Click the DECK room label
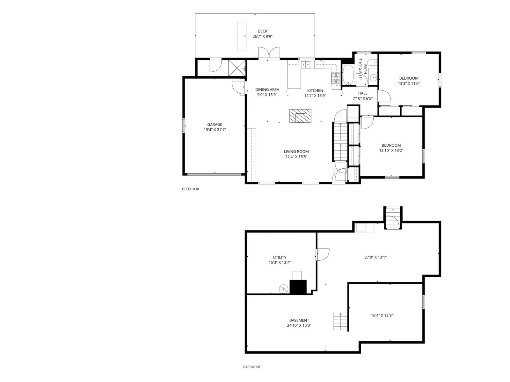pyautogui.click(x=262, y=31)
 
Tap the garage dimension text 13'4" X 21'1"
pyautogui.click(x=215, y=130)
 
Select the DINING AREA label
pyautogui.click(x=267, y=89)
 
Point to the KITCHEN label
pyautogui.click(x=315, y=90)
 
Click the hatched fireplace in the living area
pyautogui.click(x=300, y=116)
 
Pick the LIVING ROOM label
pyautogui.click(x=296, y=152)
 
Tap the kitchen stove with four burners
pyautogui.click(x=336, y=78)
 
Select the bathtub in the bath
pyautogui.click(x=348, y=75)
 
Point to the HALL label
pyautogui.click(x=362, y=93)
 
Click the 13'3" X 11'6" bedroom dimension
pyautogui.click(x=409, y=83)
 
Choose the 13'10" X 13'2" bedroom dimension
pyautogui.click(x=391, y=151)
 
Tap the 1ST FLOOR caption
pyautogui.click(x=190, y=189)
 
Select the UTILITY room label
pyautogui.click(x=280, y=258)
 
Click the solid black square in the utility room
pyautogui.click(x=298, y=287)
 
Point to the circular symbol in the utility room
pyautogui.click(x=283, y=289)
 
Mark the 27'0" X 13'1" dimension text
pyautogui.click(x=375, y=257)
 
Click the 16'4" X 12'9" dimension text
pyautogui.click(x=382, y=315)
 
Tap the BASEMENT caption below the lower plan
pyautogui.click(x=252, y=367)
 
